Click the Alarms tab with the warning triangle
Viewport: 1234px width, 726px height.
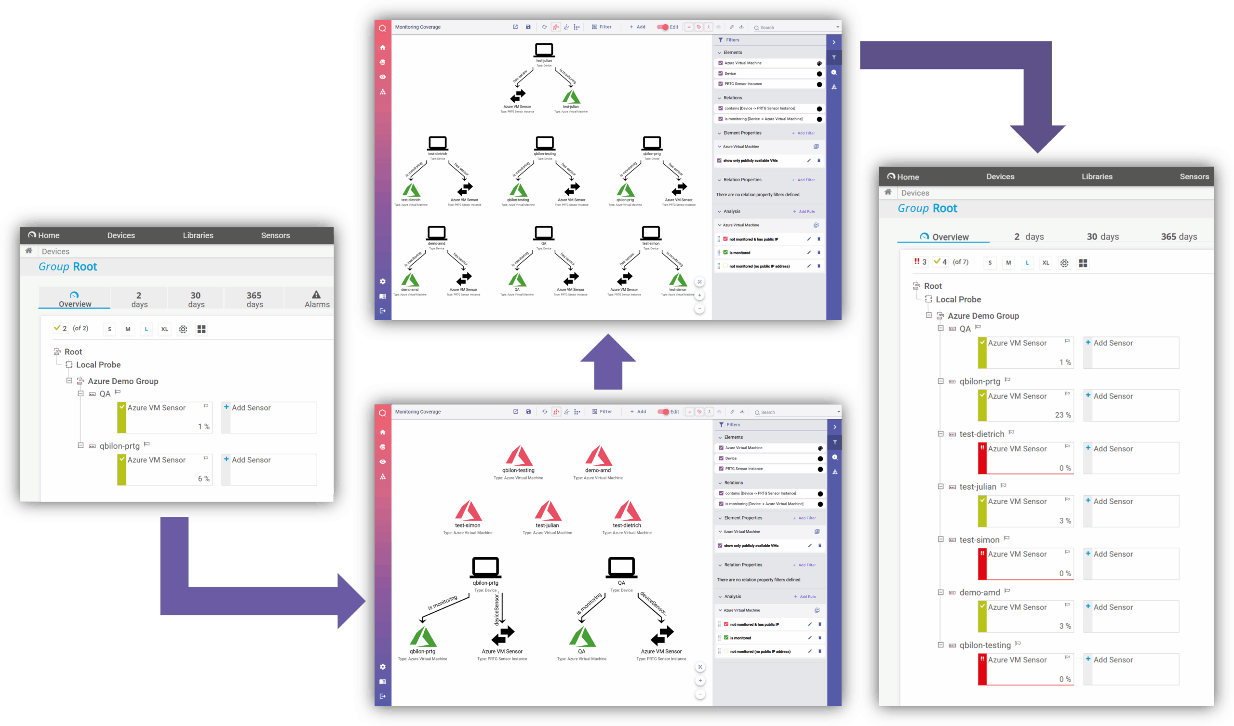316,299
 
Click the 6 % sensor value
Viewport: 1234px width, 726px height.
204,479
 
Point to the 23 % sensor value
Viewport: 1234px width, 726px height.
1062,415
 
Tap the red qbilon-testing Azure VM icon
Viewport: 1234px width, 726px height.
519,456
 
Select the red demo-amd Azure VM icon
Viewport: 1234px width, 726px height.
598,456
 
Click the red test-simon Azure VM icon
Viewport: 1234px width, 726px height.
468,511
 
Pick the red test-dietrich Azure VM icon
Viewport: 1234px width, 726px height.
627,511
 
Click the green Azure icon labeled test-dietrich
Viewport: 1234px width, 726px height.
411,190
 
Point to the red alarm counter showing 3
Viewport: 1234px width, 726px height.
920,262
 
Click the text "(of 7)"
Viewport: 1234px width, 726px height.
960,262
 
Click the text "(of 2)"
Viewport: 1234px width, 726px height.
80,328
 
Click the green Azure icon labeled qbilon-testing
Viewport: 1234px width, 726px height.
518,190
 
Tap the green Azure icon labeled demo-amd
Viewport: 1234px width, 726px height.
410,280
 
